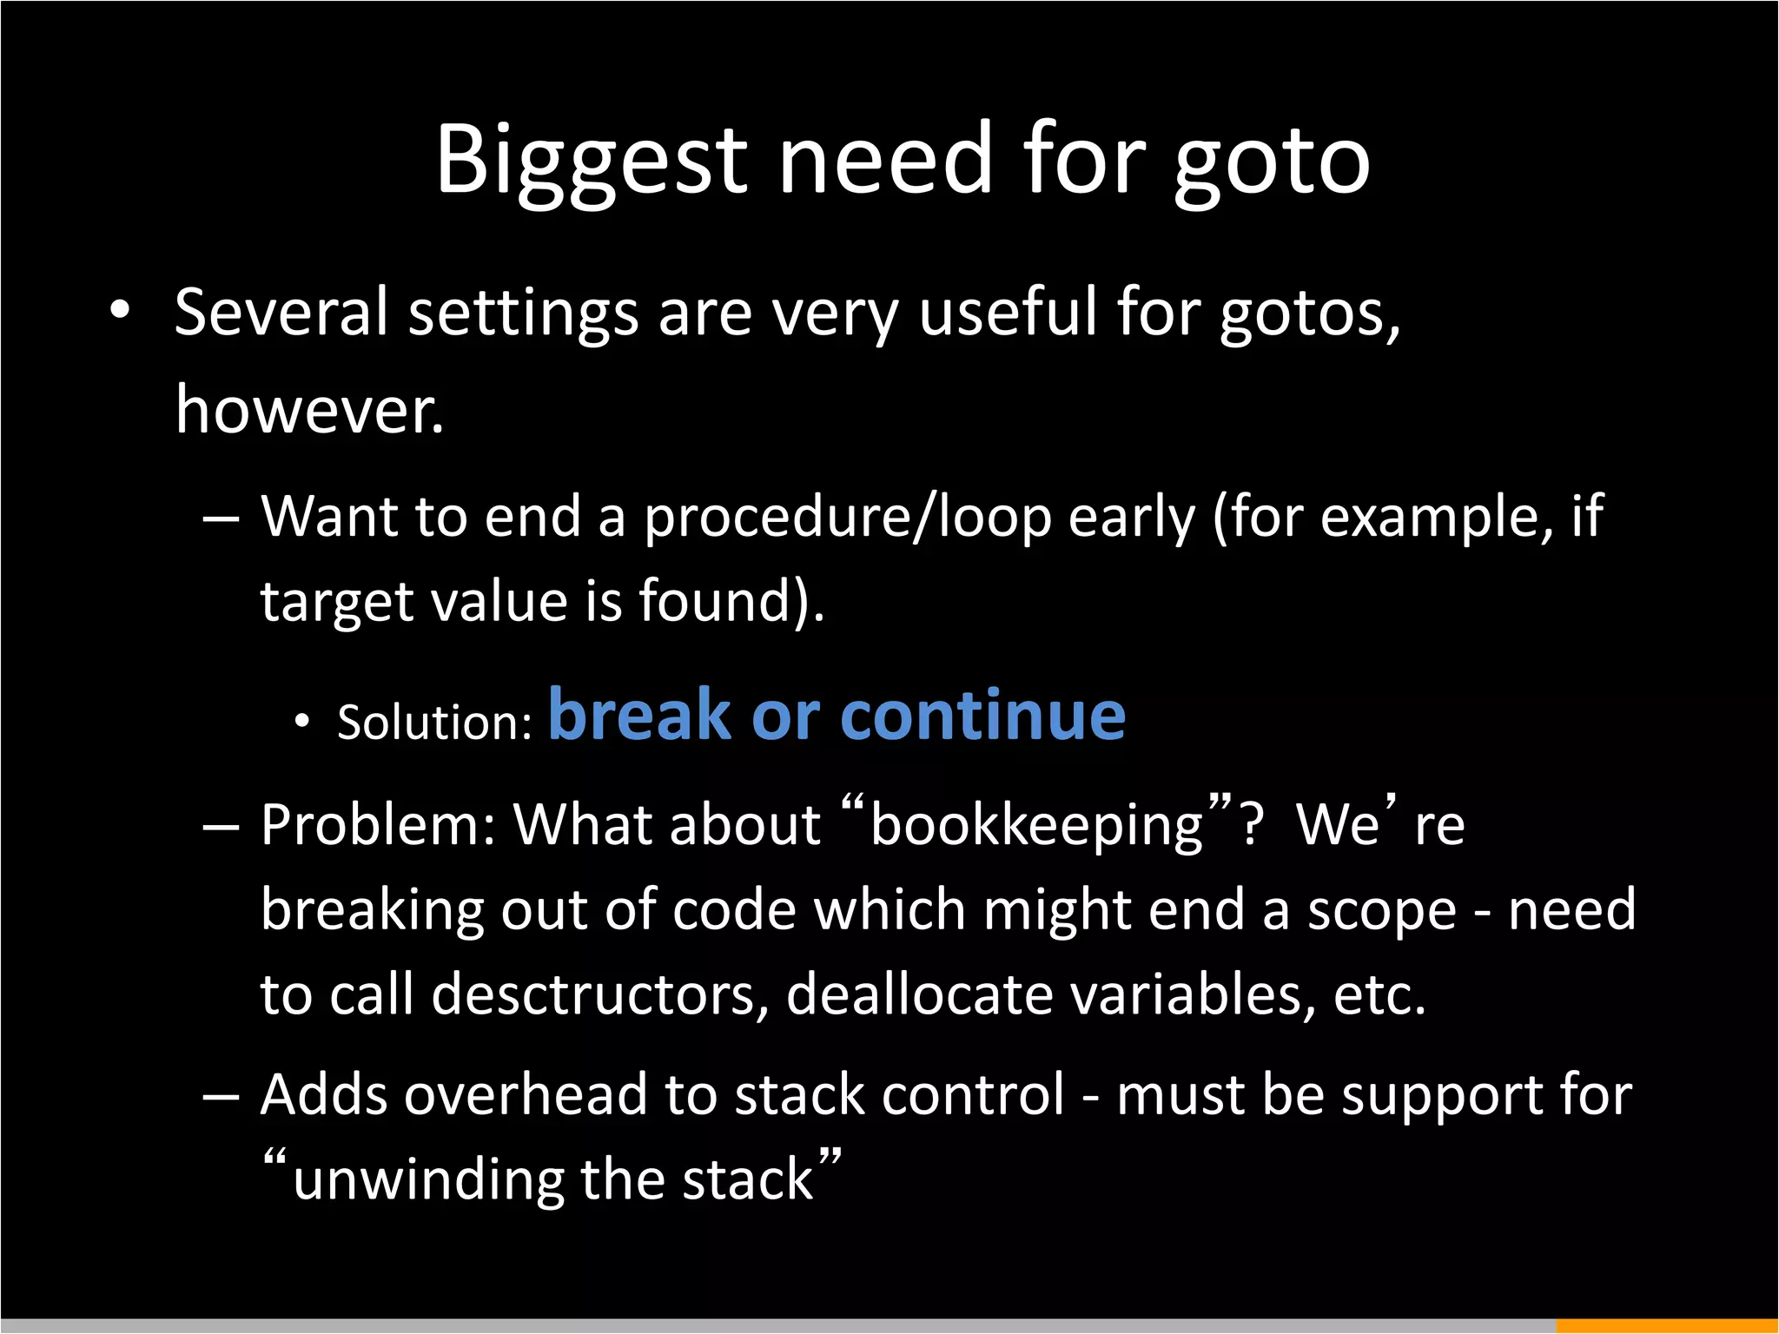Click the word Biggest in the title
[591, 161]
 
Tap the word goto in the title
[1273, 161]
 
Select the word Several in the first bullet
[281, 313]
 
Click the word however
[309, 410]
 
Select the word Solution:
[434, 723]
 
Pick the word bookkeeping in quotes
[1036, 825]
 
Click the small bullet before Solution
[301, 721]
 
